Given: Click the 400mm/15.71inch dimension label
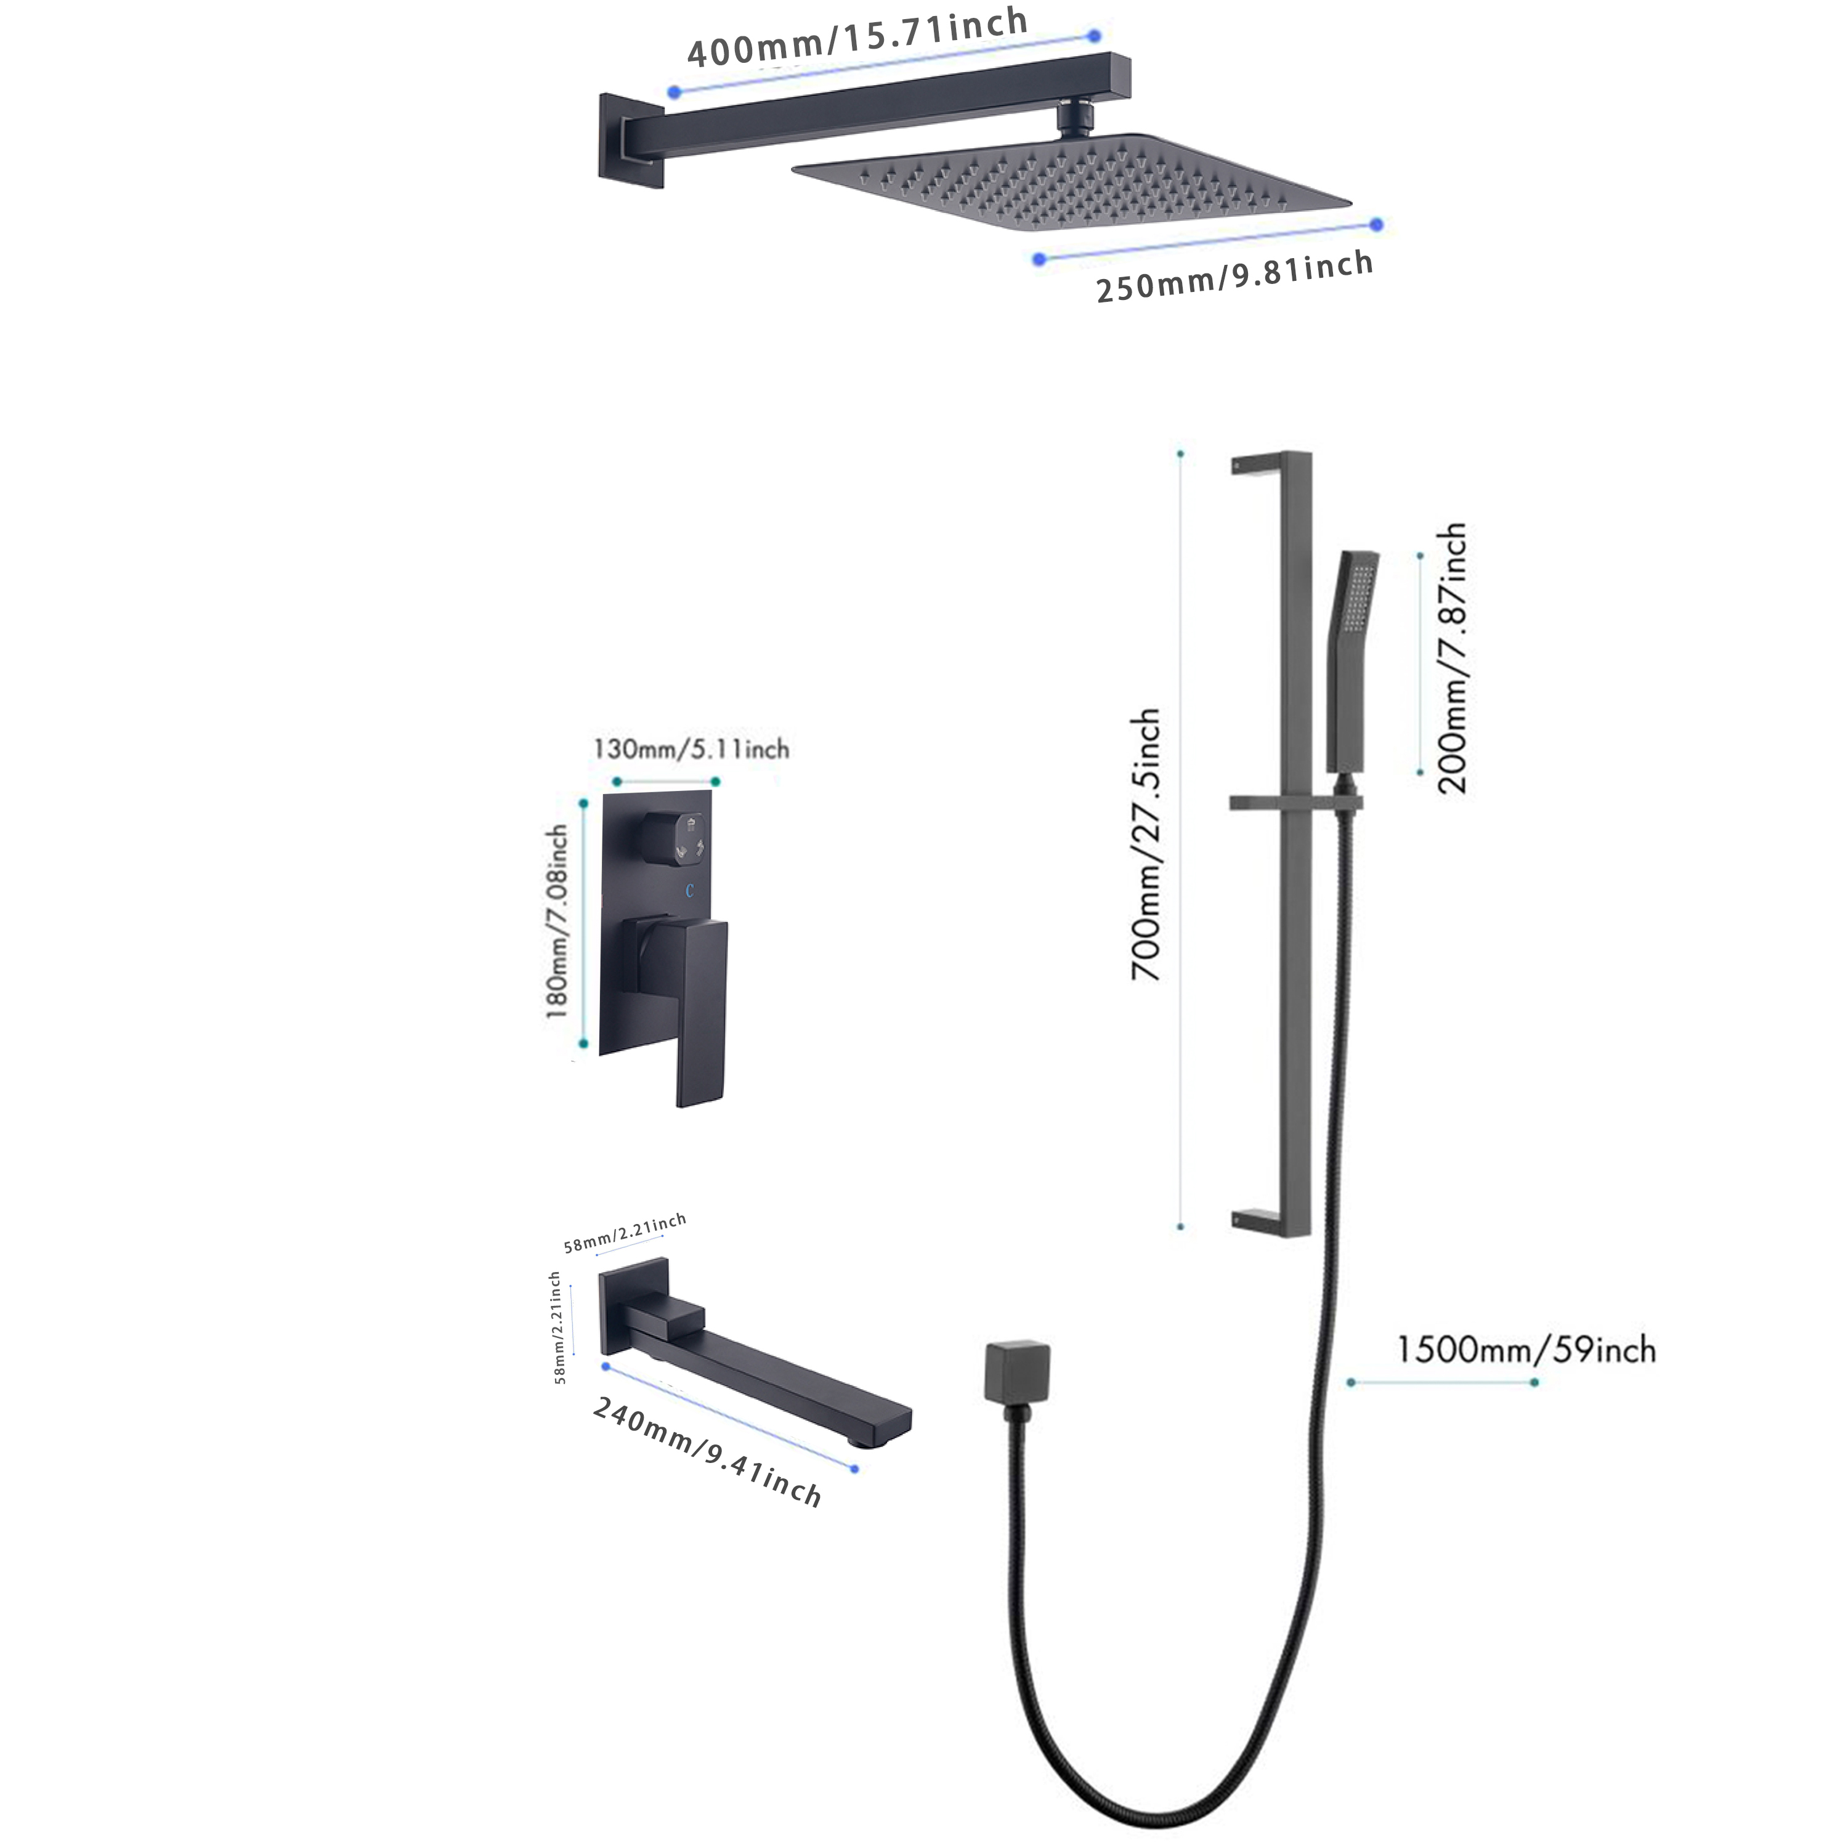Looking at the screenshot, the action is click(x=857, y=38).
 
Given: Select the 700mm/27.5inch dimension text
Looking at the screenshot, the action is click(x=1145, y=845).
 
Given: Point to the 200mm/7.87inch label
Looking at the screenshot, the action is click(x=1451, y=658).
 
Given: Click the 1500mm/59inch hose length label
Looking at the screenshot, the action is click(x=1526, y=1350).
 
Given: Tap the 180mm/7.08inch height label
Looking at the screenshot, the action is click(x=557, y=922).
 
